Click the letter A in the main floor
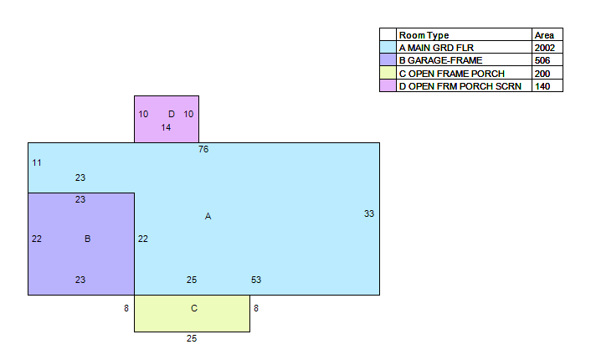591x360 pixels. tap(208, 216)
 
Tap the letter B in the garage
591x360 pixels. tap(87, 239)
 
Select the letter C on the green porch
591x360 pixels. tap(194, 308)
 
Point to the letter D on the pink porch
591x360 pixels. tap(172, 114)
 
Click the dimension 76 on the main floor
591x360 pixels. tap(203, 149)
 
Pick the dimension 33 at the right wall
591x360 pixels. tap(369, 213)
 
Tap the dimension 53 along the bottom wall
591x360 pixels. tap(256, 280)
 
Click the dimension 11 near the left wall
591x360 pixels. tap(37, 163)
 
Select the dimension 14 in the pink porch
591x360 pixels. tap(166, 127)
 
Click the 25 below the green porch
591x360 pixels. tap(192, 338)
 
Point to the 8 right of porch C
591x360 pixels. tap(256, 308)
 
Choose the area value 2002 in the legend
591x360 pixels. tap(545, 48)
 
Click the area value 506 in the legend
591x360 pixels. tap(542, 60)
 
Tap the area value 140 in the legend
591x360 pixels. tap(542, 86)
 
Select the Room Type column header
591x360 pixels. tap(424, 35)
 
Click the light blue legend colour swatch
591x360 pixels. tap(388, 47)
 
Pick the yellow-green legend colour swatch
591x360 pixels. tap(388, 73)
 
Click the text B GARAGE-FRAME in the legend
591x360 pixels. tap(440, 60)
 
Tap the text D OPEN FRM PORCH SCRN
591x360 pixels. tap(460, 86)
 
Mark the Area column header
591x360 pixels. tap(544, 35)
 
